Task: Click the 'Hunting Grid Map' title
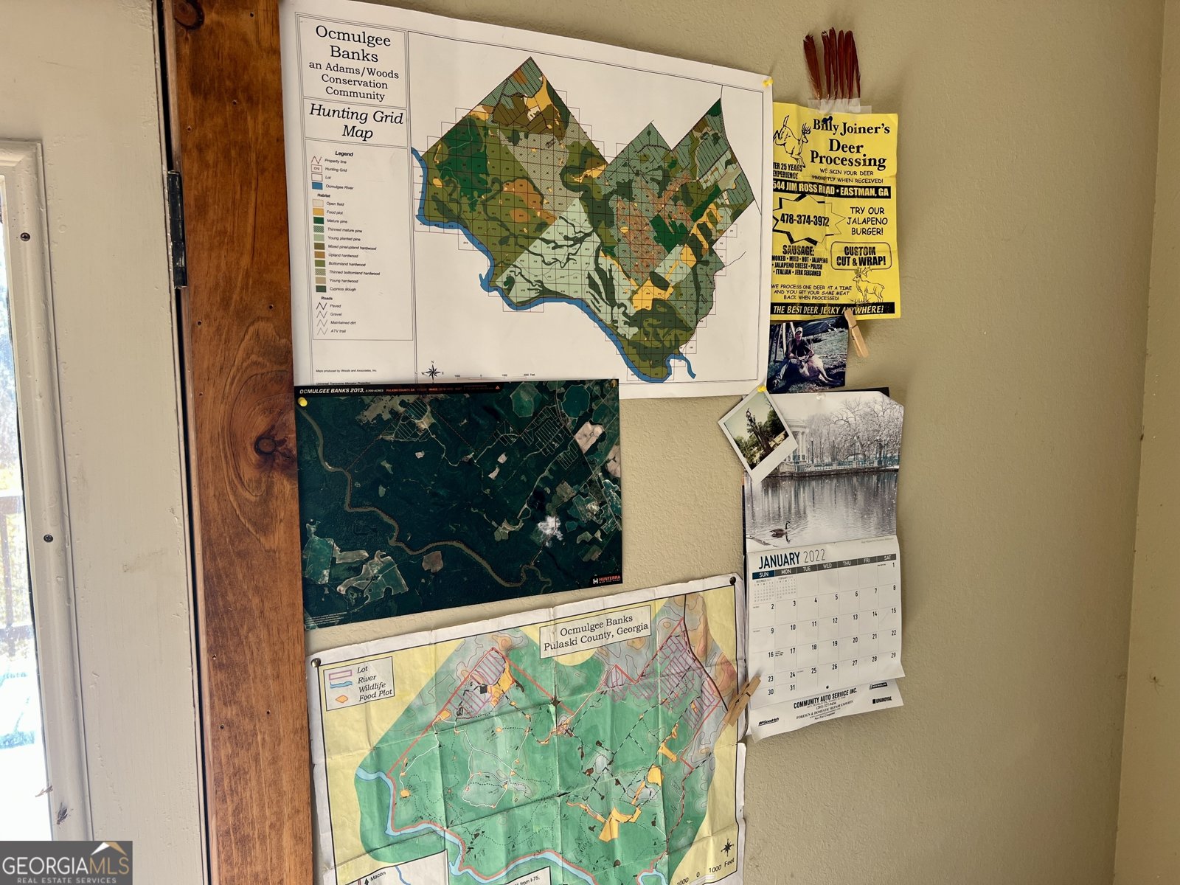pyautogui.click(x=356, y=123)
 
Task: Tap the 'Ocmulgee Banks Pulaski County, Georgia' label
pyautogui.click(x=596, y=635)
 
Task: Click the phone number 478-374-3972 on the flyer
pyautogui.click(x=805, y=221)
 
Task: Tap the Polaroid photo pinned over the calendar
pyautogui.click(x=757, y=434)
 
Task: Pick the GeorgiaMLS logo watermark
pyautogui.click(x=66, y=863)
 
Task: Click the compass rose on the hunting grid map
pyautogui.click(x=432, y=371)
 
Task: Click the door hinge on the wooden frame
pyautogui.click(x=176, y=229)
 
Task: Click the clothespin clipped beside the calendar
pyautogui.click(x=741, y=701)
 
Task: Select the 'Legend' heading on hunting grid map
pyautogui.click(x=344, y=153)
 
